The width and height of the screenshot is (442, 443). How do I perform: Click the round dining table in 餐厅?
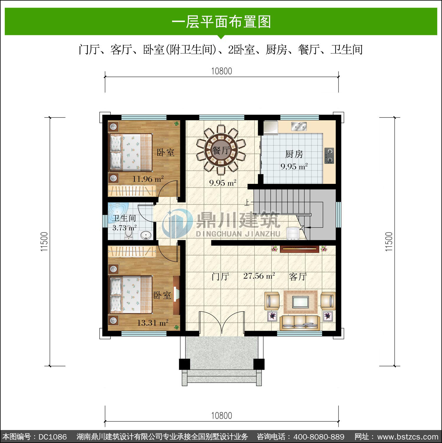[221, 151]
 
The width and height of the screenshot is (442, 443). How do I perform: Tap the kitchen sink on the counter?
[299, 126]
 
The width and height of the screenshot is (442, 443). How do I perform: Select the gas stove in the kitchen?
[329, 156]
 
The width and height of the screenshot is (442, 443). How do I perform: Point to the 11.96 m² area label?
[148, 179]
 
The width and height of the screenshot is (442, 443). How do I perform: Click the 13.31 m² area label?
[153, 323]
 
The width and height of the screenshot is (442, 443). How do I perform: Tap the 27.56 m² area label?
[259, 276]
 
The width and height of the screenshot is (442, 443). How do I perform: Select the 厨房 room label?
[294, 154]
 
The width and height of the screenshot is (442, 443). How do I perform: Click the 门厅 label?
[220, 276]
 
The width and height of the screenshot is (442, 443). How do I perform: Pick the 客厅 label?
[298, 276]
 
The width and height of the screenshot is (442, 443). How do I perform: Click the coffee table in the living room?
[300, 302]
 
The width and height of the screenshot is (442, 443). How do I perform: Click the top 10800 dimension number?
[222, 71]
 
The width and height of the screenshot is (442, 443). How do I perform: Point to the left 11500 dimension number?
[44, 242]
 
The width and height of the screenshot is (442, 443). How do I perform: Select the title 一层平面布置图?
[221, 22]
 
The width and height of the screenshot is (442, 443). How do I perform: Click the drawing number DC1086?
[53, 437]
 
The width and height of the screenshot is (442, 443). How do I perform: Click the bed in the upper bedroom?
[131, 152]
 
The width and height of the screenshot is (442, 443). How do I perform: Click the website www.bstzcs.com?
[408, 437]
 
